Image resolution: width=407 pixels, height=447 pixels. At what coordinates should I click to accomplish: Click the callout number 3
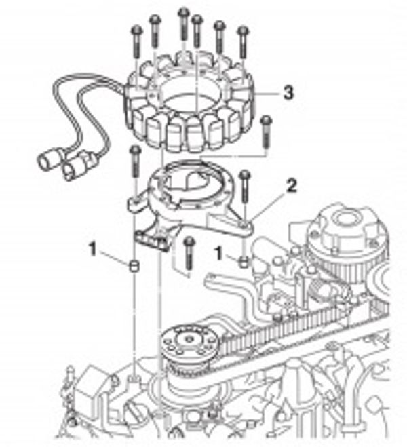pos(288,93)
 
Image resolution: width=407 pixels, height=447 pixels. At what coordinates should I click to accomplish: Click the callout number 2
pos(291,186)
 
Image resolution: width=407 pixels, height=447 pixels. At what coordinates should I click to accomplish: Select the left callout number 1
pos(93,249)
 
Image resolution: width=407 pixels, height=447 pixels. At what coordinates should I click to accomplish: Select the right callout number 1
pos(219,254)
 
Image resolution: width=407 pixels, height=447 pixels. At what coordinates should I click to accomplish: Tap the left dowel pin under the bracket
pos(134,266)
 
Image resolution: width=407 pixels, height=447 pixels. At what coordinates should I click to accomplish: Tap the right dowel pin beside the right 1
pos(244,262)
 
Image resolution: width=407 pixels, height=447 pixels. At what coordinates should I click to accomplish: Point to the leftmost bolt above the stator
pos(137,43)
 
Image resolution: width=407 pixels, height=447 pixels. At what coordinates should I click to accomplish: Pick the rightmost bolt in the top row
pos(243,42)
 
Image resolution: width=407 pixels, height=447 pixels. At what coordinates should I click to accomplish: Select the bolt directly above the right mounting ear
pos(245,187)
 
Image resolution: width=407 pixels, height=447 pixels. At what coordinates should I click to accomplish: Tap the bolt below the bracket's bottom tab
pos(189,253)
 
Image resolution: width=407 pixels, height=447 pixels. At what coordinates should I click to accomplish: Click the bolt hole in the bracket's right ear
pos(242,225)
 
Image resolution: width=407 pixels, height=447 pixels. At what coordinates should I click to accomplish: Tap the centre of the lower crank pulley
pos(189,339)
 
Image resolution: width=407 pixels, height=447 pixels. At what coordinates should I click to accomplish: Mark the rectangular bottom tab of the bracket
pos(152,241)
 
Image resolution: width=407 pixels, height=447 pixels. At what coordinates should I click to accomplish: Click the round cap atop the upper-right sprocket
pos(345,220)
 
